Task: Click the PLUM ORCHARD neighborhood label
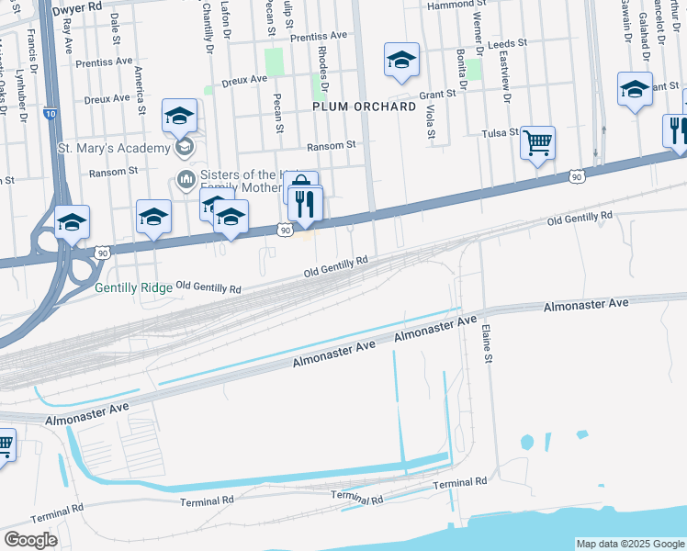coord(365,107)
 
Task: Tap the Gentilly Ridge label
coord(133,287)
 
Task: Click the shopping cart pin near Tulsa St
coord(537,143)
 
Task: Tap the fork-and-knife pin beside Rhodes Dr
coord(306,203)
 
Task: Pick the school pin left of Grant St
coord(401,61)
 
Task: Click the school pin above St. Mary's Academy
coord(179,116)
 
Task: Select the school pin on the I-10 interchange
coord(72,222)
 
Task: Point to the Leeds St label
coord(509,43)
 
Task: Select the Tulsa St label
coord(501,133)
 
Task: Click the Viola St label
coord(430,120)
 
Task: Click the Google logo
coord(30,540)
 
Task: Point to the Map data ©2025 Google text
coord(630,544)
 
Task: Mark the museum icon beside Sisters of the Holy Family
coord(185,177)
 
